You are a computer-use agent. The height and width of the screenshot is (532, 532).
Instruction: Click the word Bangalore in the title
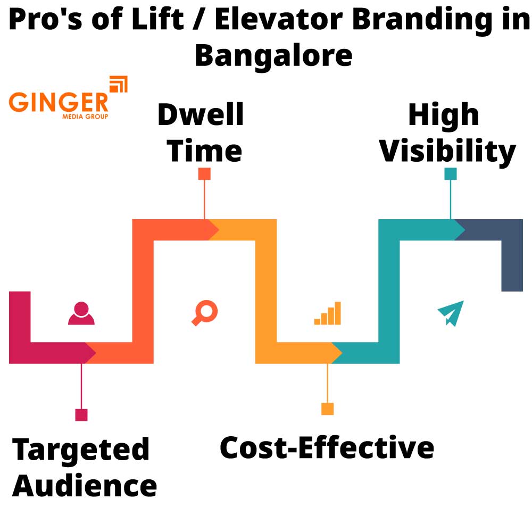pyautogui.click(x=273, y=55)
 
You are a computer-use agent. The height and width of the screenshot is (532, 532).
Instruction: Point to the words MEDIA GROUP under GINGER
pyautogui.click(x=85, y=116)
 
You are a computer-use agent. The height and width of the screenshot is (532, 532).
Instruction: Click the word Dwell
pyautogui.click(x=201, y=115)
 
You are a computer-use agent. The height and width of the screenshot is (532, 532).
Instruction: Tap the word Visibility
pyautogui.click(x=447, y=152)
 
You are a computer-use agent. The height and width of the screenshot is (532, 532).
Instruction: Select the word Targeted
pyautogui.click(x=81, y=450)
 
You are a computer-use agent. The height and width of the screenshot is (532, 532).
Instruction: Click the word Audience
pyautogui.click(x=85, y=486)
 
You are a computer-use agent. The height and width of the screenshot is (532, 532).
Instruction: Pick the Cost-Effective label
pyautogui.click(x=327, y=448)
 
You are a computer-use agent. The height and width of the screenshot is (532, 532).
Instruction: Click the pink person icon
pyautogui.click(x=81, y=313)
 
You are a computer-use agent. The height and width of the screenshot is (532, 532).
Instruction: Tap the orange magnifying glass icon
pyautogui.click(x=205, y=313)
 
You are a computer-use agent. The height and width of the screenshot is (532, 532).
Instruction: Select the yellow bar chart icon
pyautogui.click(x=328, y=313)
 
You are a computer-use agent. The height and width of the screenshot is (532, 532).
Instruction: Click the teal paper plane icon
pyautogui.click(x=451, y=313)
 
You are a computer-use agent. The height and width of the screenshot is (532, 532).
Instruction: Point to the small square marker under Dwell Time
pyautogui.click(x=204, y=174)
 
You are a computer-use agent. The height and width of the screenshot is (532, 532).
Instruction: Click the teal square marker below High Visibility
pyautogui.click(x=451, y=174)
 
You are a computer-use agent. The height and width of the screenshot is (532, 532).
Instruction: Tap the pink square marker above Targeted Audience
pyautogui.click(x=81, y=415)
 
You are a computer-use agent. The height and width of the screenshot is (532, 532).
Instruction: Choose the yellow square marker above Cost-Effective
pyautogui.click(x=327, y=409)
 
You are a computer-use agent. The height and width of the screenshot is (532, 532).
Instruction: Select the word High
pyautogui.click(x=444, y=115)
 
